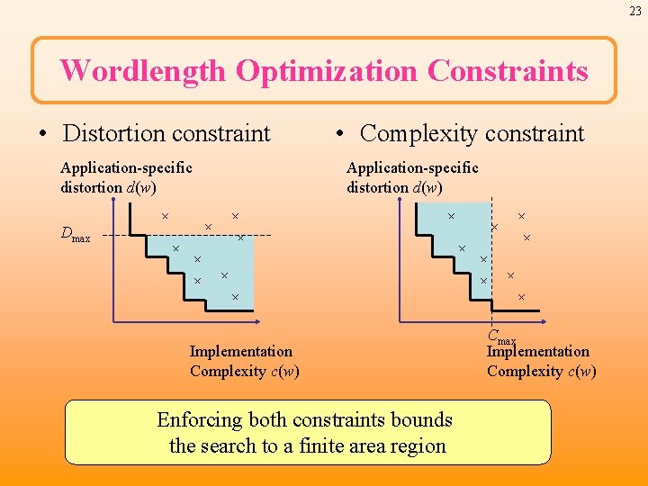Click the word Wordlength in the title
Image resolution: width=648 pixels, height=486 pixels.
pyautogui.click(x=143, y=70)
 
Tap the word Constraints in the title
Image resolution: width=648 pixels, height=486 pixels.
pyautogui.click(x=508, y=70)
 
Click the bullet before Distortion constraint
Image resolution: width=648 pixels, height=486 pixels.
pyautogui.click(x=43, y=135)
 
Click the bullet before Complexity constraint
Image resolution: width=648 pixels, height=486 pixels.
pyautogui.click(x=340, y=135)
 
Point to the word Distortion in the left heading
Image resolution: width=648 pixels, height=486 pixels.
pyautogui.click(x=112, y=134)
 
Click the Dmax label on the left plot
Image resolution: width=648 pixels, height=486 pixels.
pyautogui.click(x=75, y=236)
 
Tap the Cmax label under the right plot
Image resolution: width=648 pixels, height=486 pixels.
pyautogui.click(x=501, y=337)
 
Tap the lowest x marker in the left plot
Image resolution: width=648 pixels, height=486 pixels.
pyautogui.click(x=235, y=296)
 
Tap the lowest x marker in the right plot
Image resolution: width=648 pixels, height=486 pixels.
pyautogui.click(x=520, y=296)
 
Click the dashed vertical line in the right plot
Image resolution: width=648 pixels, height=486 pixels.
pyautogui.click(x=491, y=270)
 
